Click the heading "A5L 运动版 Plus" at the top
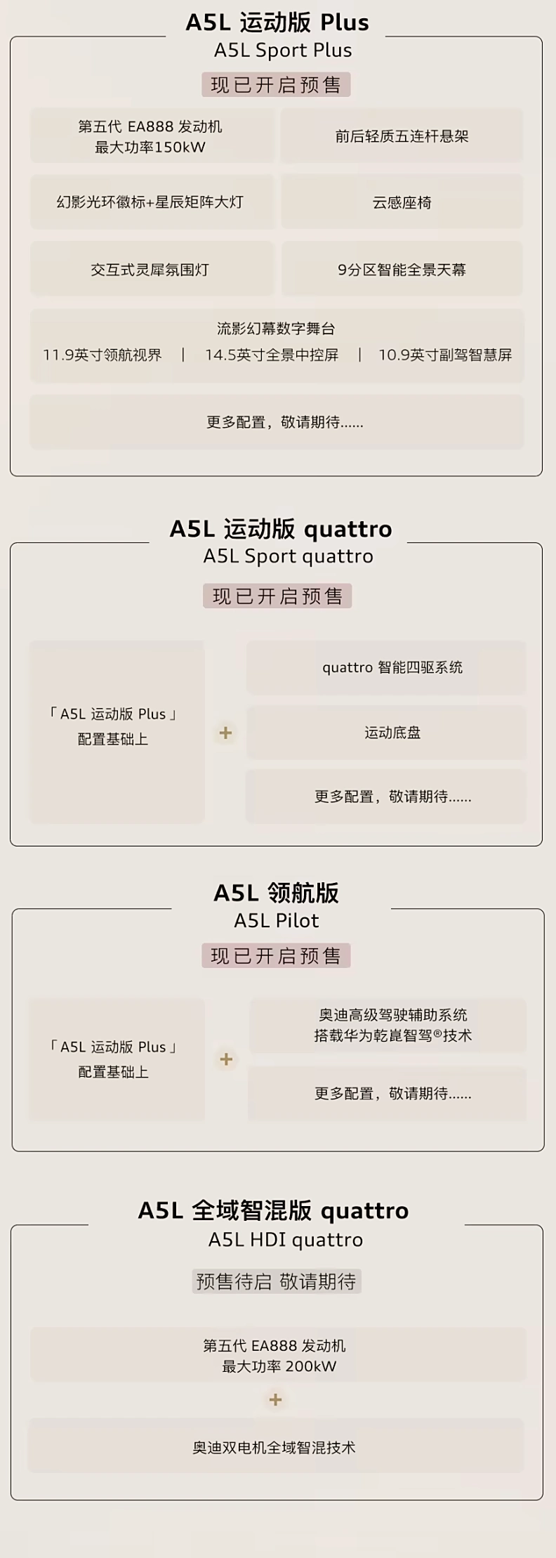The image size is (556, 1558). (277, 22)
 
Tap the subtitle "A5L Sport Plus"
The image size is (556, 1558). (283, 51)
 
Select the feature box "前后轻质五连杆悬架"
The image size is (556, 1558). (402, 136)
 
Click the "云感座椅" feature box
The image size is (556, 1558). (402, 202)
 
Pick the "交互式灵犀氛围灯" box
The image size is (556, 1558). (151, 269)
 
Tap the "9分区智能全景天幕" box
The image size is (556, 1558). (402, 269)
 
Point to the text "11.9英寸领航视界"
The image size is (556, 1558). (102, 355)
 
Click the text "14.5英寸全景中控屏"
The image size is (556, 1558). (272, 355)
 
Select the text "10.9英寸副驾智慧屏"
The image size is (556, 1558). (445, 355)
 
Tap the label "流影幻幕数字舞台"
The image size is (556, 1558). (277, 328)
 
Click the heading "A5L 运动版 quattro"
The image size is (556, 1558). (281, 529)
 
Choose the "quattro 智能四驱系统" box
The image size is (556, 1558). (386, 667)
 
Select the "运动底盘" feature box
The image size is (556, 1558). (386, 733)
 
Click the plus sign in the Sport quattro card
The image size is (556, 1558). (225, 733)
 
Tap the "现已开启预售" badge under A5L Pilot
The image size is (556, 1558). (277, 956)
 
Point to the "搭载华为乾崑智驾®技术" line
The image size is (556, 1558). (393, 1036)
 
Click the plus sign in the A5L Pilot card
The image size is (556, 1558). (226, 1059)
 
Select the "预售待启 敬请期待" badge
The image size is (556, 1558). (277, 1281)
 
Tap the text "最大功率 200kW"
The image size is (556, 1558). (279, 1366)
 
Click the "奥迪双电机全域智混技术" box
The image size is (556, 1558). (276, 1447)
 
